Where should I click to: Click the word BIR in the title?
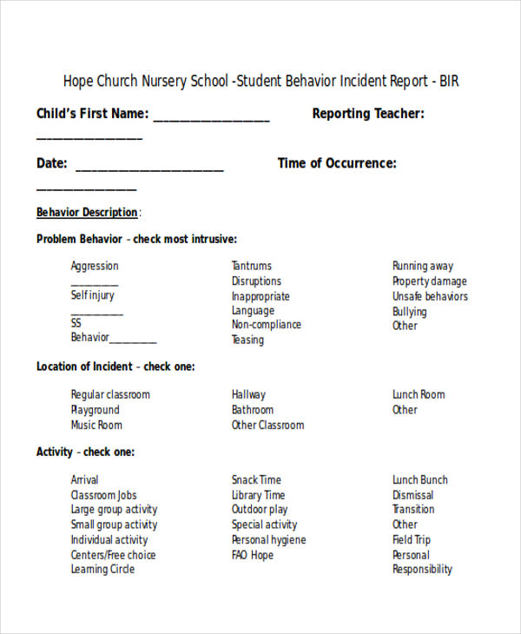pyautogui.click(x=448, y=82)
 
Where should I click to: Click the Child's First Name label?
pyautogui.click(x=92, y=114)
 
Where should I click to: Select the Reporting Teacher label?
pyautogui.click(x=368, y=114)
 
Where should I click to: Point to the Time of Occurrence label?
pyautogui.click(x=337, y=163)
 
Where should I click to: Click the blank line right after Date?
pyautogui.click(x=149, y=168)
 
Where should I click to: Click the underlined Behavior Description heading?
pyautogui.click(x=87, y=213)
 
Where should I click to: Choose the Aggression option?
pyautogui.click(x=95, y=267)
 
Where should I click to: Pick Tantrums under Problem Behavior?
pyautogui.click(x=251, y=267)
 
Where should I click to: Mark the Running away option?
pyautogui.click(x=422, y=267)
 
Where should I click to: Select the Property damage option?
pyautogui.click(x=429, y=281)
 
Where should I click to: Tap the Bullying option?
pyautogui.click(x=409, y=312)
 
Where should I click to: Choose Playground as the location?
pyautogui.click(x=95, y=410)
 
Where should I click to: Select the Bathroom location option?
pyautogui.click(x=252, y=410)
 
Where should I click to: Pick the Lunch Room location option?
pyautogui.click(x=419, y=395)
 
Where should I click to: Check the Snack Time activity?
pyautogui.click(x=256, y=480)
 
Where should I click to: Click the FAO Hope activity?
pyautogui.click(x=252, y=555)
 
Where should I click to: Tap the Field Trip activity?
pyautogui.click(x=411, y=539)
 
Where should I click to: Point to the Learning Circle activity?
pyautogui.click(x=102, y=570)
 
